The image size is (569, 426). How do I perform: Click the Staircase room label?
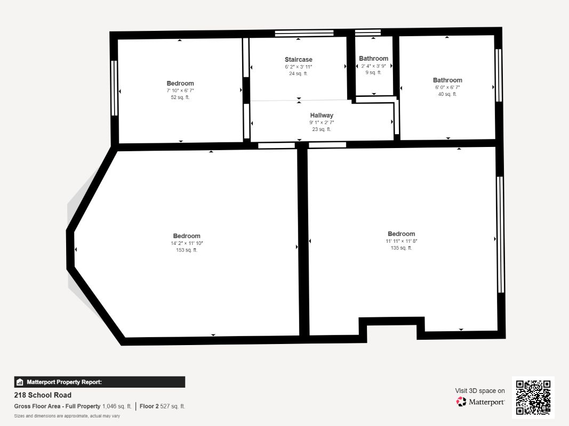coord(298,60)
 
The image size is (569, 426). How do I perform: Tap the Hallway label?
coord(322,115)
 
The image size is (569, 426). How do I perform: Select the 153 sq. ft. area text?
coord(187,250)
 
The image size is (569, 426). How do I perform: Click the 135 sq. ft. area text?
coord(401,248)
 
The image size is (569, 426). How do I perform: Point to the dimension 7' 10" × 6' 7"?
coord(180,91)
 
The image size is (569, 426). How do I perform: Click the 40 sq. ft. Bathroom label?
coord(447,80)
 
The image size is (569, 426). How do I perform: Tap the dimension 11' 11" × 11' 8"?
coord(401,241)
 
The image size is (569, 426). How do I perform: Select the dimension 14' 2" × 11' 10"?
coord(187,243)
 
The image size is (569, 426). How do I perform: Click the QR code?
coord(533,397)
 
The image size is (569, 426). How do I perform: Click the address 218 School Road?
coord(43,395)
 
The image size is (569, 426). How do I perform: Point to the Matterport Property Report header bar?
coord(99,382)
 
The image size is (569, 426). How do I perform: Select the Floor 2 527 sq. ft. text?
coord(163,406)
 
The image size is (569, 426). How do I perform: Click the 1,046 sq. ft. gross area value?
coord(117,406)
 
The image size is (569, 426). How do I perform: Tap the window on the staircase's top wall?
coord(304,33)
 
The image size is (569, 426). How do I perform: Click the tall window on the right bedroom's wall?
coord(500,234)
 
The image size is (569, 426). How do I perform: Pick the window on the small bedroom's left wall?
coord(114,88)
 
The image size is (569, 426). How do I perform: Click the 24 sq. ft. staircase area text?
coord(298,73)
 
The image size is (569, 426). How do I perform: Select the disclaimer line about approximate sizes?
coord(67,416)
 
